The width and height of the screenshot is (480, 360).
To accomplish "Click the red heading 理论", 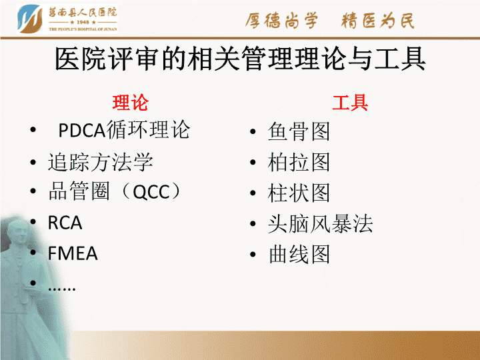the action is point(130,102).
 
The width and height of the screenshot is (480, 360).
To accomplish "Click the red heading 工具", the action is point(350,102).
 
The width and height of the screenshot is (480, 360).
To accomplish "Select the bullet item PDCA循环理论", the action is point(124,130).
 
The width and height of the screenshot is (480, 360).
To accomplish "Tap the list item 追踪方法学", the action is point(101,161).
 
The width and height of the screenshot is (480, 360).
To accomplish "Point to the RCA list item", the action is point(65,223).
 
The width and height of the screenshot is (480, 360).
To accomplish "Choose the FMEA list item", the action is point(73,253).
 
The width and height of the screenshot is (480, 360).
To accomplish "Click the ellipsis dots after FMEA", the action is point(61,288).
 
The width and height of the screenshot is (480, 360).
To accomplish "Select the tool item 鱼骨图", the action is point(299,131).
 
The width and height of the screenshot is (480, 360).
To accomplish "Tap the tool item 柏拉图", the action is point(299,162).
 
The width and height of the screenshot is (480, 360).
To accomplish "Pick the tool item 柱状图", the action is point(299,193).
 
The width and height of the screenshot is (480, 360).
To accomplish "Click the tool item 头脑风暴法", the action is point(320,223).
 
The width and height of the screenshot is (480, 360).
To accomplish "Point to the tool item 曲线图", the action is point(299,254).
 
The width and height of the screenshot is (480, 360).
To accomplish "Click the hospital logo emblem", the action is point(30,19).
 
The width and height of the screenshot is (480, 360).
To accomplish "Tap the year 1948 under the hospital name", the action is point(83,23).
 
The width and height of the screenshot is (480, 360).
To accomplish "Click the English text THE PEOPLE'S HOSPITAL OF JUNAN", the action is point(83,29).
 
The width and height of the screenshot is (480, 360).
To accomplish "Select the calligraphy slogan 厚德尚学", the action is point(281,21).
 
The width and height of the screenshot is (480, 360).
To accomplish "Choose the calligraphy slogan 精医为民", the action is point(378,21).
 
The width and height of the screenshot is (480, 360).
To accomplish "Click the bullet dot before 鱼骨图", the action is point(253,132).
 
